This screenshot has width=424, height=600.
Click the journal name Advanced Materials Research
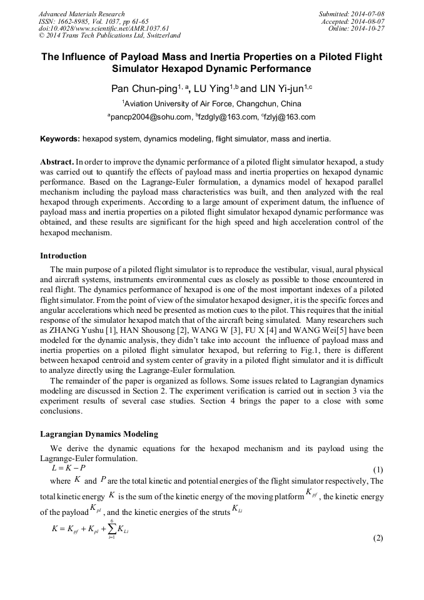coord(82,14)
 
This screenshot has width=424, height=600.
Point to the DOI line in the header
coord(104,28)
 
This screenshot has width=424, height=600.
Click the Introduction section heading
coord(63,256)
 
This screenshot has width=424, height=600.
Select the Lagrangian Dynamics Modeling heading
coord(99,434)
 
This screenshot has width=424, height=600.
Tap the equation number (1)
coord(378,469)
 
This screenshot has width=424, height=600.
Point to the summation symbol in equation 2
coord(111,529)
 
